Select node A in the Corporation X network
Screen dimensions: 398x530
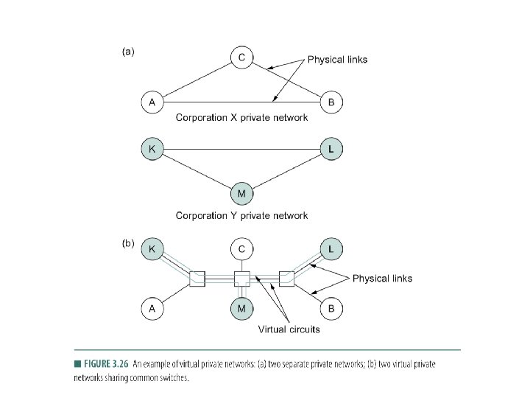152,102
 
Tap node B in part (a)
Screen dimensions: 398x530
331,102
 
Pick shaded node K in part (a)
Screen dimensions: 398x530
152,149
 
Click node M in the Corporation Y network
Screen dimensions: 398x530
241,195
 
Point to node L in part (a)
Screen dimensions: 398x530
331,149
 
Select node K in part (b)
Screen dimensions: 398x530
152,249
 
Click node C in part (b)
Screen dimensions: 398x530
241,249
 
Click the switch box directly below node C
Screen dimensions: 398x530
241,279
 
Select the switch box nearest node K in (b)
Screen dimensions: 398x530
197,279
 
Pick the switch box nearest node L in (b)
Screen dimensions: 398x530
286,279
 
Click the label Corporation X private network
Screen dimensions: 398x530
241,118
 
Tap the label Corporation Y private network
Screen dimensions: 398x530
241,216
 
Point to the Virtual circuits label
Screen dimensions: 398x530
289,329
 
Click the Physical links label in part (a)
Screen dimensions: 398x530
337,59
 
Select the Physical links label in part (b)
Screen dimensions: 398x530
382,279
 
